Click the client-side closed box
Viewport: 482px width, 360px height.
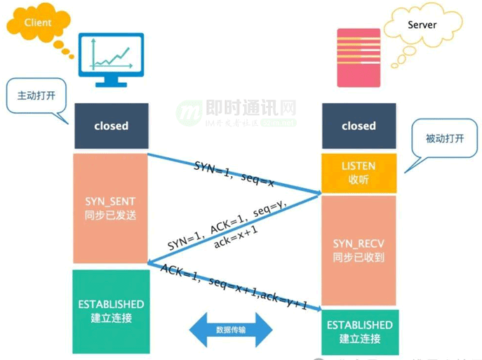(x=111, y=126)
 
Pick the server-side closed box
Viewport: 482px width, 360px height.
(x=359, y=126)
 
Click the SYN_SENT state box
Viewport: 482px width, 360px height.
(x=111, y=208)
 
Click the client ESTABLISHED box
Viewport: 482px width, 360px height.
(x=111, y=310)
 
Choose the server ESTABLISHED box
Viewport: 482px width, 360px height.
(x=359, y=331)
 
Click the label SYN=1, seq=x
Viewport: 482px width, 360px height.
(x=233, y=172)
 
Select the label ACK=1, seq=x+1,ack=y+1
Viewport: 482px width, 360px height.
(x=234, y=288)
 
